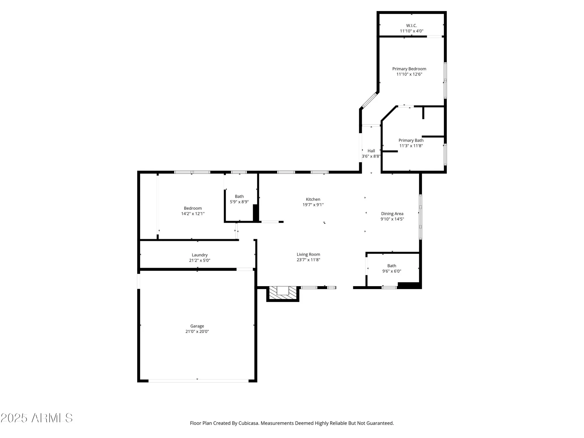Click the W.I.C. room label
(x=411, y=26)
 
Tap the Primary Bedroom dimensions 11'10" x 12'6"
(x=409, y=74)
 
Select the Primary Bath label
(x=411, y=140)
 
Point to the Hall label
(x=371, y=151)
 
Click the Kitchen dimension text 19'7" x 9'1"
(x=313, y=205)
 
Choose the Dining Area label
(x=392, y=214)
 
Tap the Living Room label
(x=308, y=254)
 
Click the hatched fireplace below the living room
(x=283, y=293)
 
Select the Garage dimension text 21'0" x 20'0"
(x=197, y=331)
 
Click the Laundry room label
(x=200, y=255)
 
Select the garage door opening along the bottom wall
(x=199, y=381)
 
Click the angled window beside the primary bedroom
(x=370, y=100)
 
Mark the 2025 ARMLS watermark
(x=36, y=418)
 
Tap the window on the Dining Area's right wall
(x=420, y=217)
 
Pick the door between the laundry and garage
(x=245, y=269)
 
